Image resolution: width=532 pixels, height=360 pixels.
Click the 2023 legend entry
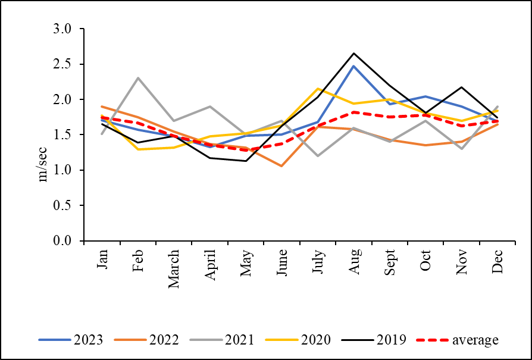tap(71, 340)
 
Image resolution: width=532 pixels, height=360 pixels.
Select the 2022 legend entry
tap(146, 340)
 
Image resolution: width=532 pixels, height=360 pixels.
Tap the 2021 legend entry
tap(221, 340)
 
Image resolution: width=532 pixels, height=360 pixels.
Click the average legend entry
tap(458, 340)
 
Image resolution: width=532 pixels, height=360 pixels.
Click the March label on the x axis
tap(174, 269)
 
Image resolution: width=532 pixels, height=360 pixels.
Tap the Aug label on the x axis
tap(354, 261)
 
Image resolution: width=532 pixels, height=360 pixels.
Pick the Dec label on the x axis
tap(497, 262)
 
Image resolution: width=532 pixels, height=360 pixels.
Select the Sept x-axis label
tap(390, 263)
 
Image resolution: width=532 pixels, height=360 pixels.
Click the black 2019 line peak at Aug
tap(354, 54)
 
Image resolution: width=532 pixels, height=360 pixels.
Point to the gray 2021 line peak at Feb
tap(138, 78)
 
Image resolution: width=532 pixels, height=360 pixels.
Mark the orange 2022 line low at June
tap(281, 166)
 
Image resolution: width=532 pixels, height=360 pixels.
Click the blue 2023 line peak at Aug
tap(354, 66)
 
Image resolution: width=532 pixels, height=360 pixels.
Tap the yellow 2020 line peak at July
tap(318, 89)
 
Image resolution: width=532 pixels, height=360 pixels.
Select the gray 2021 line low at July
tap(318, 156)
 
